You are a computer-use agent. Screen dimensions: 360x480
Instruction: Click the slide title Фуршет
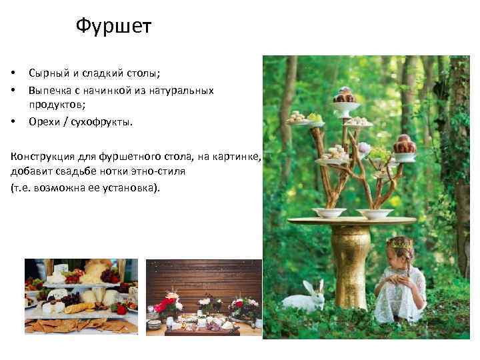click(113, 27)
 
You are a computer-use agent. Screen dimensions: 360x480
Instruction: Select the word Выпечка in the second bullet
click(49, 89)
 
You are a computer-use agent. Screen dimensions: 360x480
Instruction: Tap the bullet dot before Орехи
click(13, 121)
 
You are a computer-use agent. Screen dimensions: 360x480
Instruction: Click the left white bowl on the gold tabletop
click(330, 212)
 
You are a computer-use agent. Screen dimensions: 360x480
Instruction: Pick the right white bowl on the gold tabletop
click(374, 213)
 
